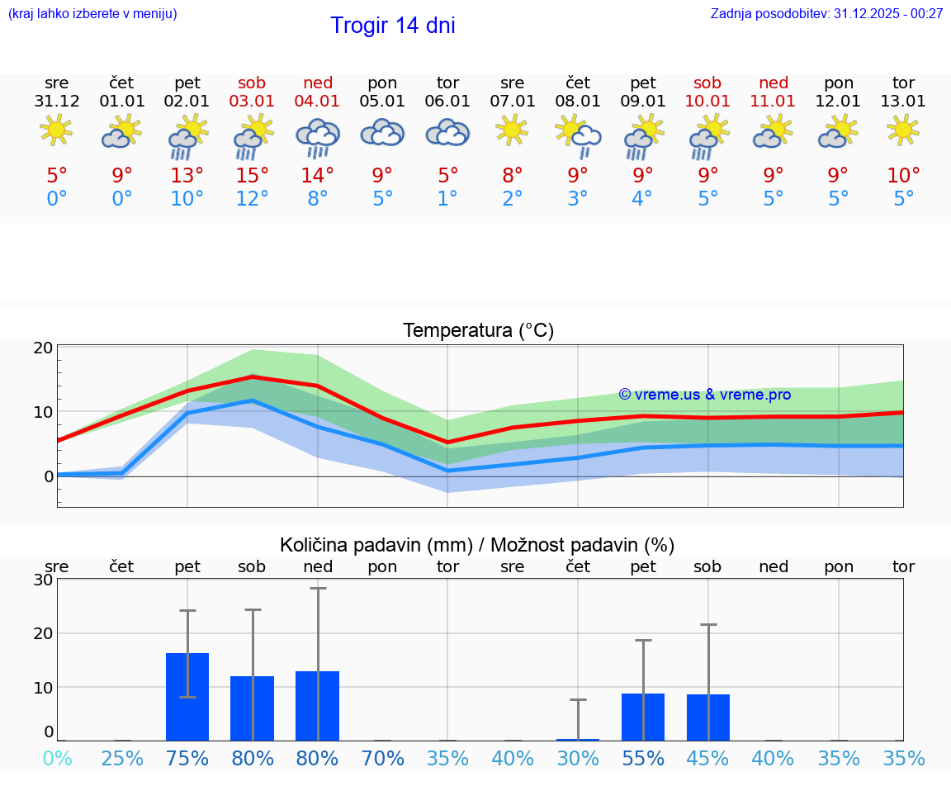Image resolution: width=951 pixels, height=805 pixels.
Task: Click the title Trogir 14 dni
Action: (392, 26)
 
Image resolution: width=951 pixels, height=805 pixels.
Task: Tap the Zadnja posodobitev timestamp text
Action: (826, 13)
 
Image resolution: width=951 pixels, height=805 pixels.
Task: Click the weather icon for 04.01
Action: (318, 137)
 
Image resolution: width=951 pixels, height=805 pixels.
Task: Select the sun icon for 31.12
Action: (56, 130)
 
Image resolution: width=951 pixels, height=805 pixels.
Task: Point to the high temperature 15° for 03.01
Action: (253, 175)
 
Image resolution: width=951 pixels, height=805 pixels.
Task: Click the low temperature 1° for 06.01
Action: (447, 199)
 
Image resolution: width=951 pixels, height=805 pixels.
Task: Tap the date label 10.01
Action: (707, 102)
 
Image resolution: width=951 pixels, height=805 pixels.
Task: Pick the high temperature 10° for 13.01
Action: (903, 175)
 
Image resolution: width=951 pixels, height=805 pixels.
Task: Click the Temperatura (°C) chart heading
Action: (478, 331)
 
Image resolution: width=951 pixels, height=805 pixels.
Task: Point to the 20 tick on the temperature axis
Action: (44, 348)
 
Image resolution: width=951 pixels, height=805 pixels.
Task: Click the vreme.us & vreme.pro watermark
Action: (704, 395)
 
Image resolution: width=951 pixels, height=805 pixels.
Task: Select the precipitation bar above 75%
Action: (187, 697)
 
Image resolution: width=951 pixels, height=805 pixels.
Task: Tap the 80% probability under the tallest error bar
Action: (318, 758)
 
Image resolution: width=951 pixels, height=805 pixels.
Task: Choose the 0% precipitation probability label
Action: (56, 758)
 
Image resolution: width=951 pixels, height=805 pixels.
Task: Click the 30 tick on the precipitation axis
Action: (44, 580)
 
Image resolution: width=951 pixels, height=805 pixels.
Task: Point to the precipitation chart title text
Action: (477, 545)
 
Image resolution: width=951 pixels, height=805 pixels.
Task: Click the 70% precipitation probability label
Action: (383, 758)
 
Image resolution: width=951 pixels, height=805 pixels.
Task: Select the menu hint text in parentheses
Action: (92, 13)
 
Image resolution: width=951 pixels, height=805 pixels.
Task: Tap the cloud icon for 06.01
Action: (447, 133)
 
